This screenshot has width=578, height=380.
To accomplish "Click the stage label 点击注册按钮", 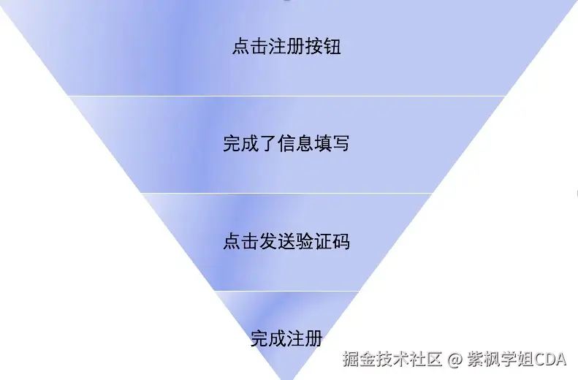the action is [x=286, y=47].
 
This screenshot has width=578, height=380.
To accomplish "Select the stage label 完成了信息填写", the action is [x=286, y=143].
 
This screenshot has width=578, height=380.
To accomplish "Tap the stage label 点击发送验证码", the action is [x=286, y=241].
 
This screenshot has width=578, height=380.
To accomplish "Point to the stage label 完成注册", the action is [x=286, y=338].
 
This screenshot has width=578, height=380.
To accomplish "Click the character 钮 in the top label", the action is [x=332, y=47].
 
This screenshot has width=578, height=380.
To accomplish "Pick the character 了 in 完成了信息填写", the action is [x=267, y=143].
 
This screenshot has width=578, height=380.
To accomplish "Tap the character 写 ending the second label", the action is [x=341, y=143].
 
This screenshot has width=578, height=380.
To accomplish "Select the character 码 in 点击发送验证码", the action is [x=341, y=241].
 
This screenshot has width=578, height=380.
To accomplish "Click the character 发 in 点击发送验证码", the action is [x=267, y=241].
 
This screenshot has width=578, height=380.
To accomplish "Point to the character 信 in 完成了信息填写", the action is [x=286, y=143].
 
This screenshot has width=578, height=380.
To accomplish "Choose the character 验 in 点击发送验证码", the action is [x=304, y=241].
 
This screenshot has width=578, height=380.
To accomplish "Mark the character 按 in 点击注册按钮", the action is [x=314, y=47].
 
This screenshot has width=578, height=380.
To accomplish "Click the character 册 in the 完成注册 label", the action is [x=313, y=338].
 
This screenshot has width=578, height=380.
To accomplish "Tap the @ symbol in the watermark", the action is [x=455, y=360].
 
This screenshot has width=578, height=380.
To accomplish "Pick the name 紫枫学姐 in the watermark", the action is [x=501, y=360].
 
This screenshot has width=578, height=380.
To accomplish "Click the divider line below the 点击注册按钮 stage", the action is [x=286, y=96].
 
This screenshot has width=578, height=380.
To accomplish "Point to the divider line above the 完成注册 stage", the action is [x=286, y=291].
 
